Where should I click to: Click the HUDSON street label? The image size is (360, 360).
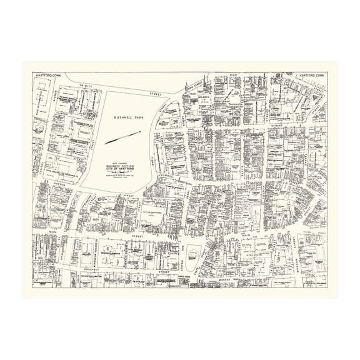(x=45, y=186)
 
